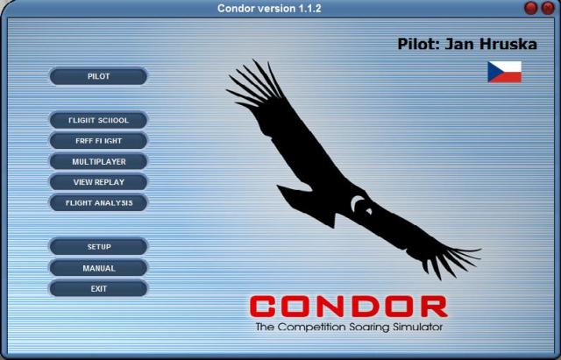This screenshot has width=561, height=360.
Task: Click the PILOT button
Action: click(x=98, y=76)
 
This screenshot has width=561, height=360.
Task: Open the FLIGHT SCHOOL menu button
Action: click(x=98, y=120)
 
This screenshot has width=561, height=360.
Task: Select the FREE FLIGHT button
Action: click(x=98, y=141)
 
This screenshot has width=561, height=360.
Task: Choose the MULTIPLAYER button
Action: click(x=98, y=161)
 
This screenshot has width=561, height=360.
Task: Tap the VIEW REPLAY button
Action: click(x=98, y=182)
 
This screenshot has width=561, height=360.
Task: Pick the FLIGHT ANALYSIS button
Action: click(x=98, y=202)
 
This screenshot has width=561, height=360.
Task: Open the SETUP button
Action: click(x=98, y=247)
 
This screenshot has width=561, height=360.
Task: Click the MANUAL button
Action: click(x=98, y=268)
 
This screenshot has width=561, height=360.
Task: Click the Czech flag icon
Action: click(x=505, y=72)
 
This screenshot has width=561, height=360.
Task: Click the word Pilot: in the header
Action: click(x=419, y=44)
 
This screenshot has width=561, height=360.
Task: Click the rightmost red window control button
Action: click(x=548, y=8)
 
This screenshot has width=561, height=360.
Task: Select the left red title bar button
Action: click(x=531, y=8)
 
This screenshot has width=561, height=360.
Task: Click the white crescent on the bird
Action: click(x=357, y=204)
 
